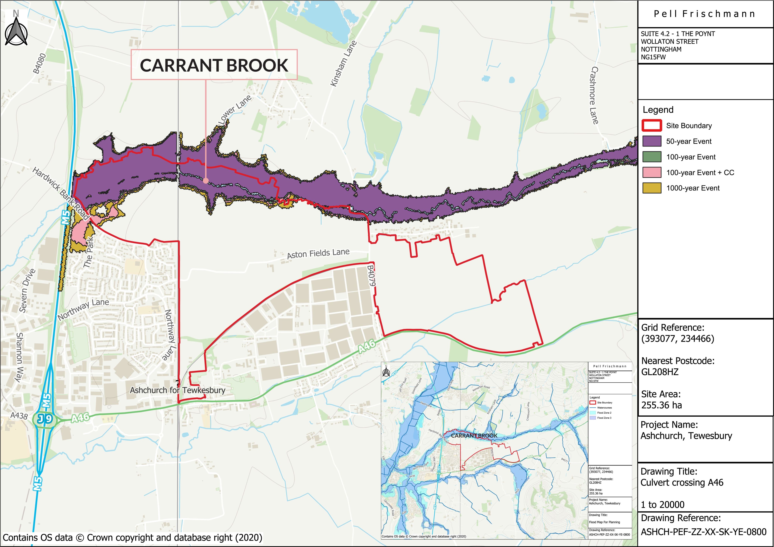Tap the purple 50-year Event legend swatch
click(652, 141)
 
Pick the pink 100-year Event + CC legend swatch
click(652, 173)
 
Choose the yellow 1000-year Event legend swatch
click(652, 188)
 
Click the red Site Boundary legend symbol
click(652, 126)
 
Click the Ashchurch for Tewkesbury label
click(178, 390)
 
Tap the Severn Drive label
click(27, 291)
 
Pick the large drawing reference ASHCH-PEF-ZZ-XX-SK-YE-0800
click(704, 532)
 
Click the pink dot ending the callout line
click(206, 181)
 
